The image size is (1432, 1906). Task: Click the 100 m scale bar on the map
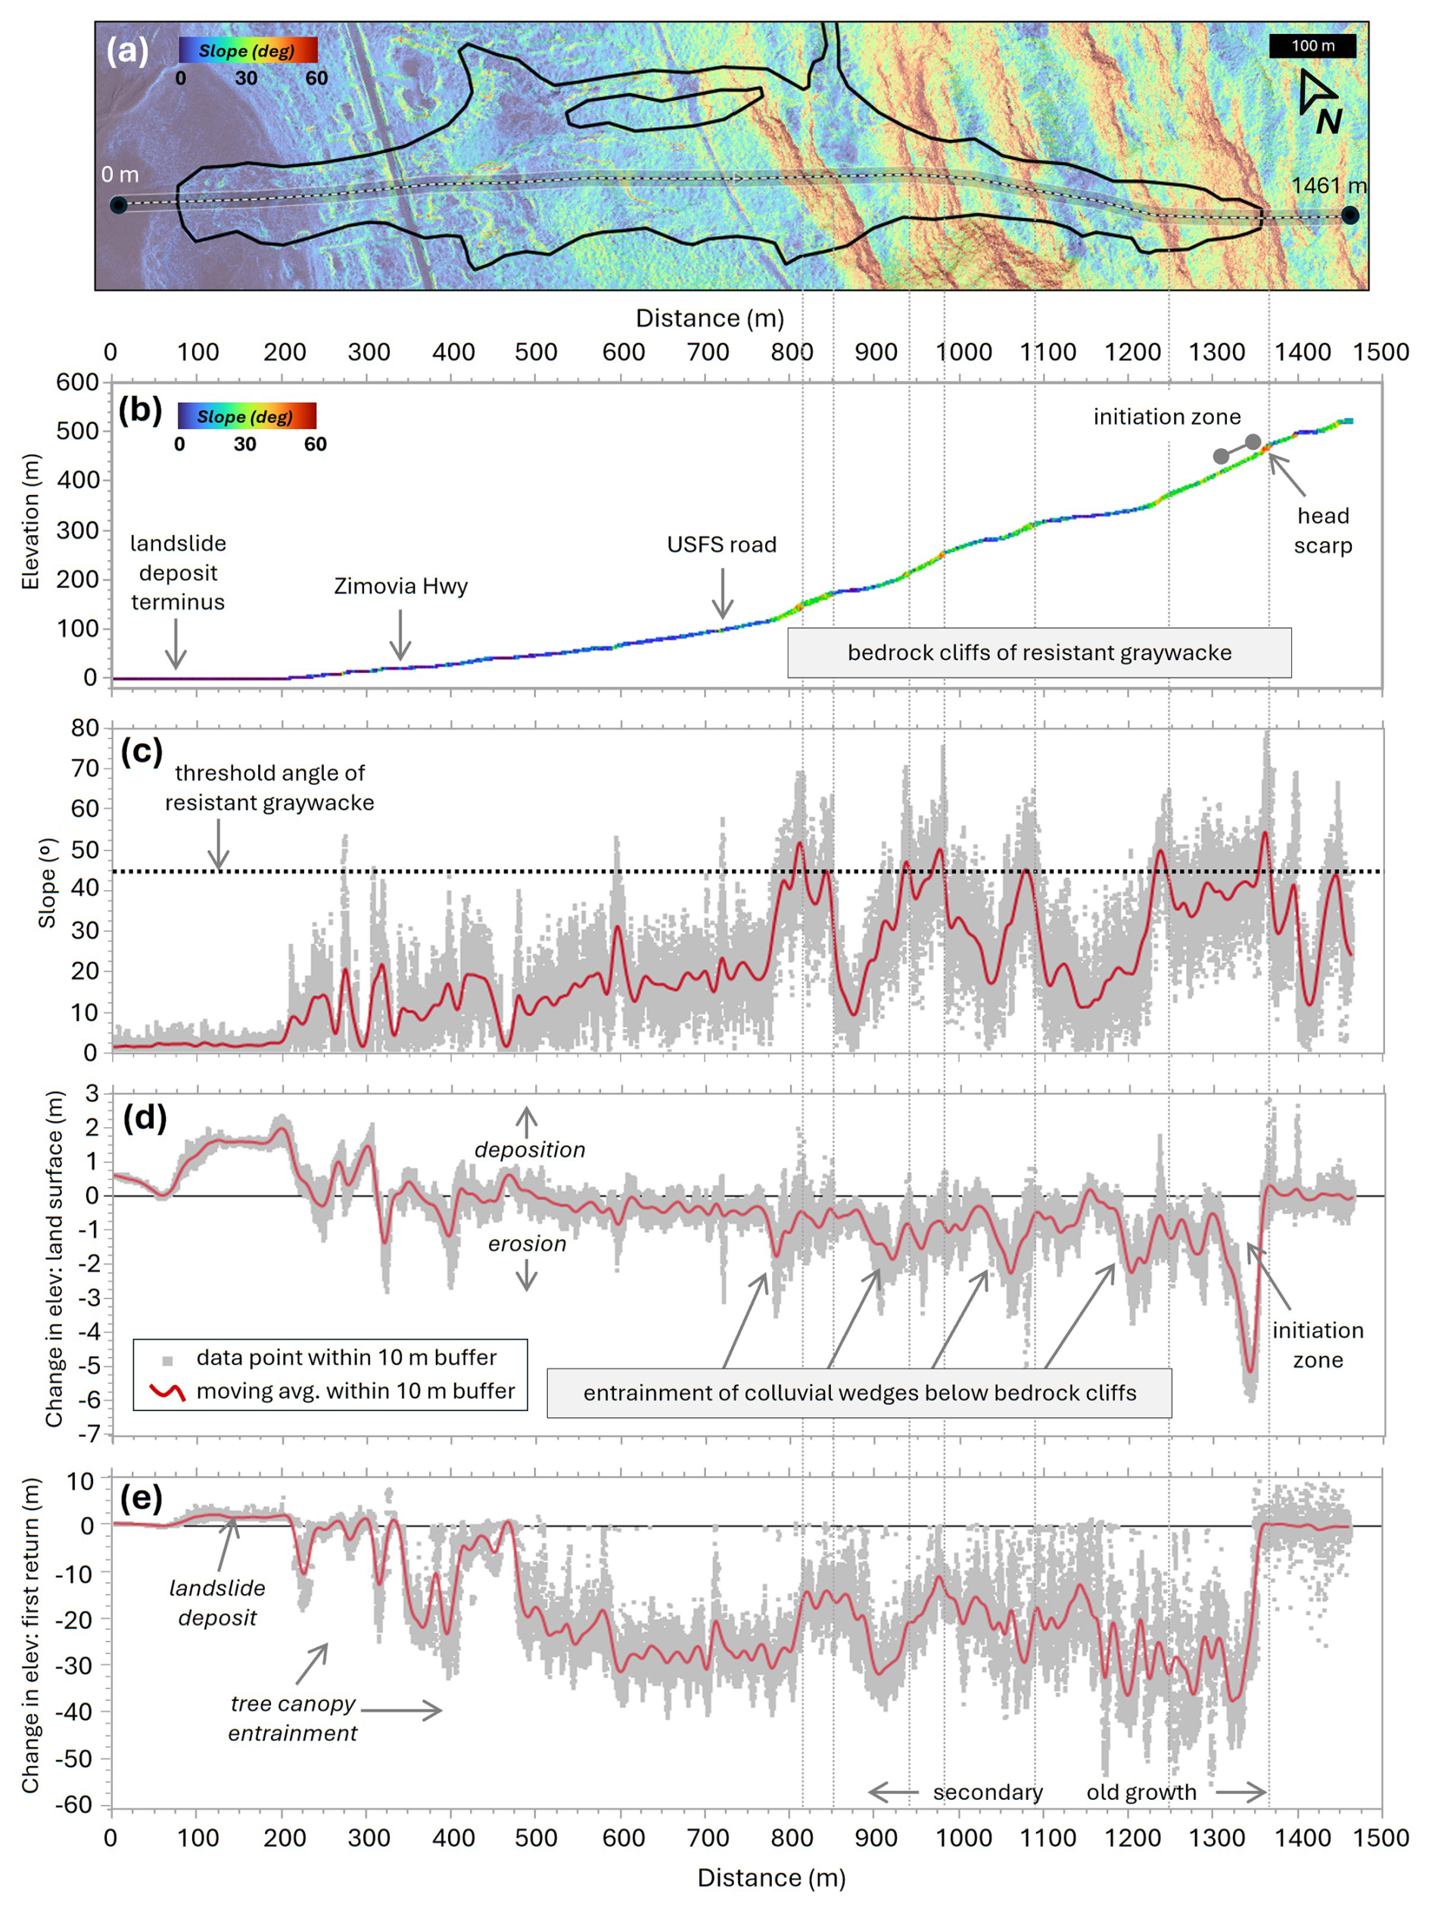(1312, 45)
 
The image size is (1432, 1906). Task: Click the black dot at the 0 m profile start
(119, 205)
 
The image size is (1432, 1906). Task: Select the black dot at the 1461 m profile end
(1350, 216)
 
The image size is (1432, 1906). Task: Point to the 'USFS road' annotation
(721, 544)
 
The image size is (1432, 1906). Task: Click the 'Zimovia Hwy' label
(400, 586)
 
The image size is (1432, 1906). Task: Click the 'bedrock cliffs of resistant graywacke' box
(1038, 652)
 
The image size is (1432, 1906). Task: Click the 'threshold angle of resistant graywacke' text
(269, 787)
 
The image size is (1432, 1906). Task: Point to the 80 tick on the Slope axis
(85, 728)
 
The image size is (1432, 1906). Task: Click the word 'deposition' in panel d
(529, 1150)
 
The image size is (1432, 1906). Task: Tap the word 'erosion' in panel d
(527, 1244)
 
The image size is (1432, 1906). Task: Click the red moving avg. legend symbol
(167, 1391)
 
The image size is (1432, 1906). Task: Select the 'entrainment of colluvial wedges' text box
(859, 1394)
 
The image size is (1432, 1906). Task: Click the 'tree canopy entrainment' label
(292, 1718)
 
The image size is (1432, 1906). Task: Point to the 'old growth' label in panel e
(1141, 1792)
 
